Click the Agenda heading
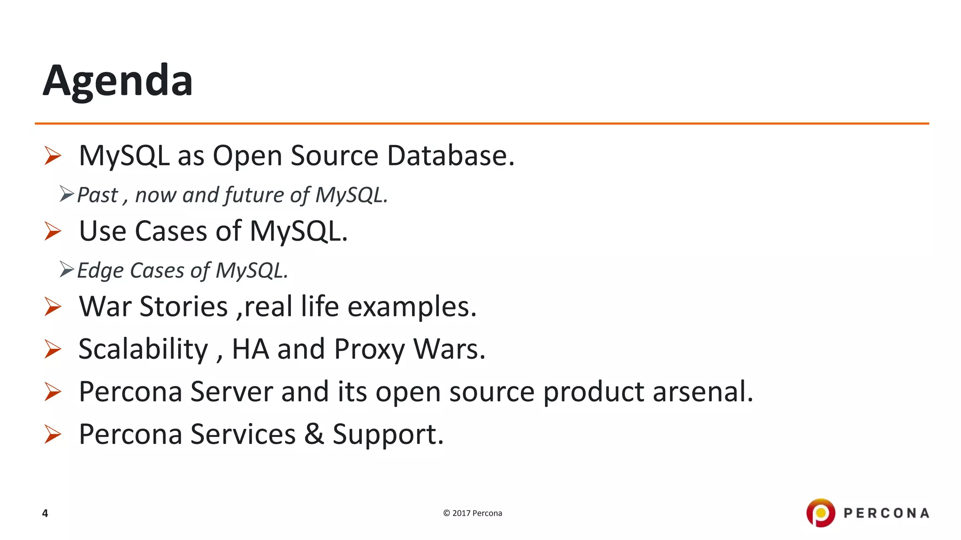[118, 81]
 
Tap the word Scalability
[143, 350]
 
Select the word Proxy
[369, 350]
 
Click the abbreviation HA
[251, 349]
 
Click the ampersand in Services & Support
[314, 434]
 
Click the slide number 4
[45, 513]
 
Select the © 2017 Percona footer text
[473, 513]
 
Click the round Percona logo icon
[820, 513]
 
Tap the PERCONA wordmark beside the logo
[886, 513]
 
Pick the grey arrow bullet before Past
[67, 194]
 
